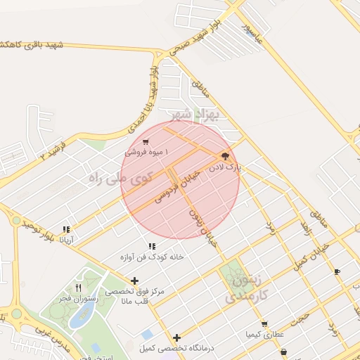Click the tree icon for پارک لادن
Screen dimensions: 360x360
pos(224,156)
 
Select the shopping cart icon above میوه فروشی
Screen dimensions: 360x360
pos(145,141)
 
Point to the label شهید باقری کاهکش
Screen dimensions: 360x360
pos(32,46)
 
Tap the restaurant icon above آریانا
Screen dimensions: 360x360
pos(66,229)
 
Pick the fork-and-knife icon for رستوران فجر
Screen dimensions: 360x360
pos(78,288)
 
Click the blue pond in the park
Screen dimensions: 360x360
pos(79,316)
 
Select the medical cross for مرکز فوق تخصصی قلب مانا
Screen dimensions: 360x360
pos(134,281)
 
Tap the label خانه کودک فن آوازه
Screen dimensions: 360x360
pos(152,257)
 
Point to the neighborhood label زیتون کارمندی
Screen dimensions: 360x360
pos(243,289)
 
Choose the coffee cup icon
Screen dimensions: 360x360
pos(337,271)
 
